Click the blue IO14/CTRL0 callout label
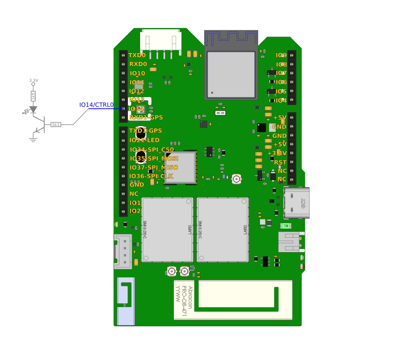[96, 105]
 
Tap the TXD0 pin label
[137, 55]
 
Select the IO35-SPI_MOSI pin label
[154, 158]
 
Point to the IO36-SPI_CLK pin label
[151, 176]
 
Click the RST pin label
[280, 162]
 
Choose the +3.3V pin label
[277, 153]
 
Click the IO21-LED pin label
[144, 140]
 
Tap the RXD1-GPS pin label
[146, 118]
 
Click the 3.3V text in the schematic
[34, 81]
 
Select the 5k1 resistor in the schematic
[56, 125]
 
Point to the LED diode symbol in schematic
[33, 109]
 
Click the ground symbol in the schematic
[33, 139]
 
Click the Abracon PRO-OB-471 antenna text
[184, 300]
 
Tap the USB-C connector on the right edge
[296, 202]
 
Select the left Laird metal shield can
[167, 230]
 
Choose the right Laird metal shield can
[222, 230]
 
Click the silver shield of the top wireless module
[231, 74]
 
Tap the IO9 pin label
[281, 55]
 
